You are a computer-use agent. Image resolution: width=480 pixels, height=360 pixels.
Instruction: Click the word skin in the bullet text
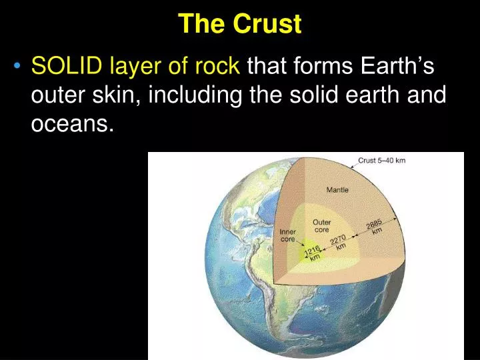coord(115,95)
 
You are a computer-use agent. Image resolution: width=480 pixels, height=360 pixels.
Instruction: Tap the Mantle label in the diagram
coord(337,190)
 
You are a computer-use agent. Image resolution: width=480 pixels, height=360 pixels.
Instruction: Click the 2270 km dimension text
coord(339,241)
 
